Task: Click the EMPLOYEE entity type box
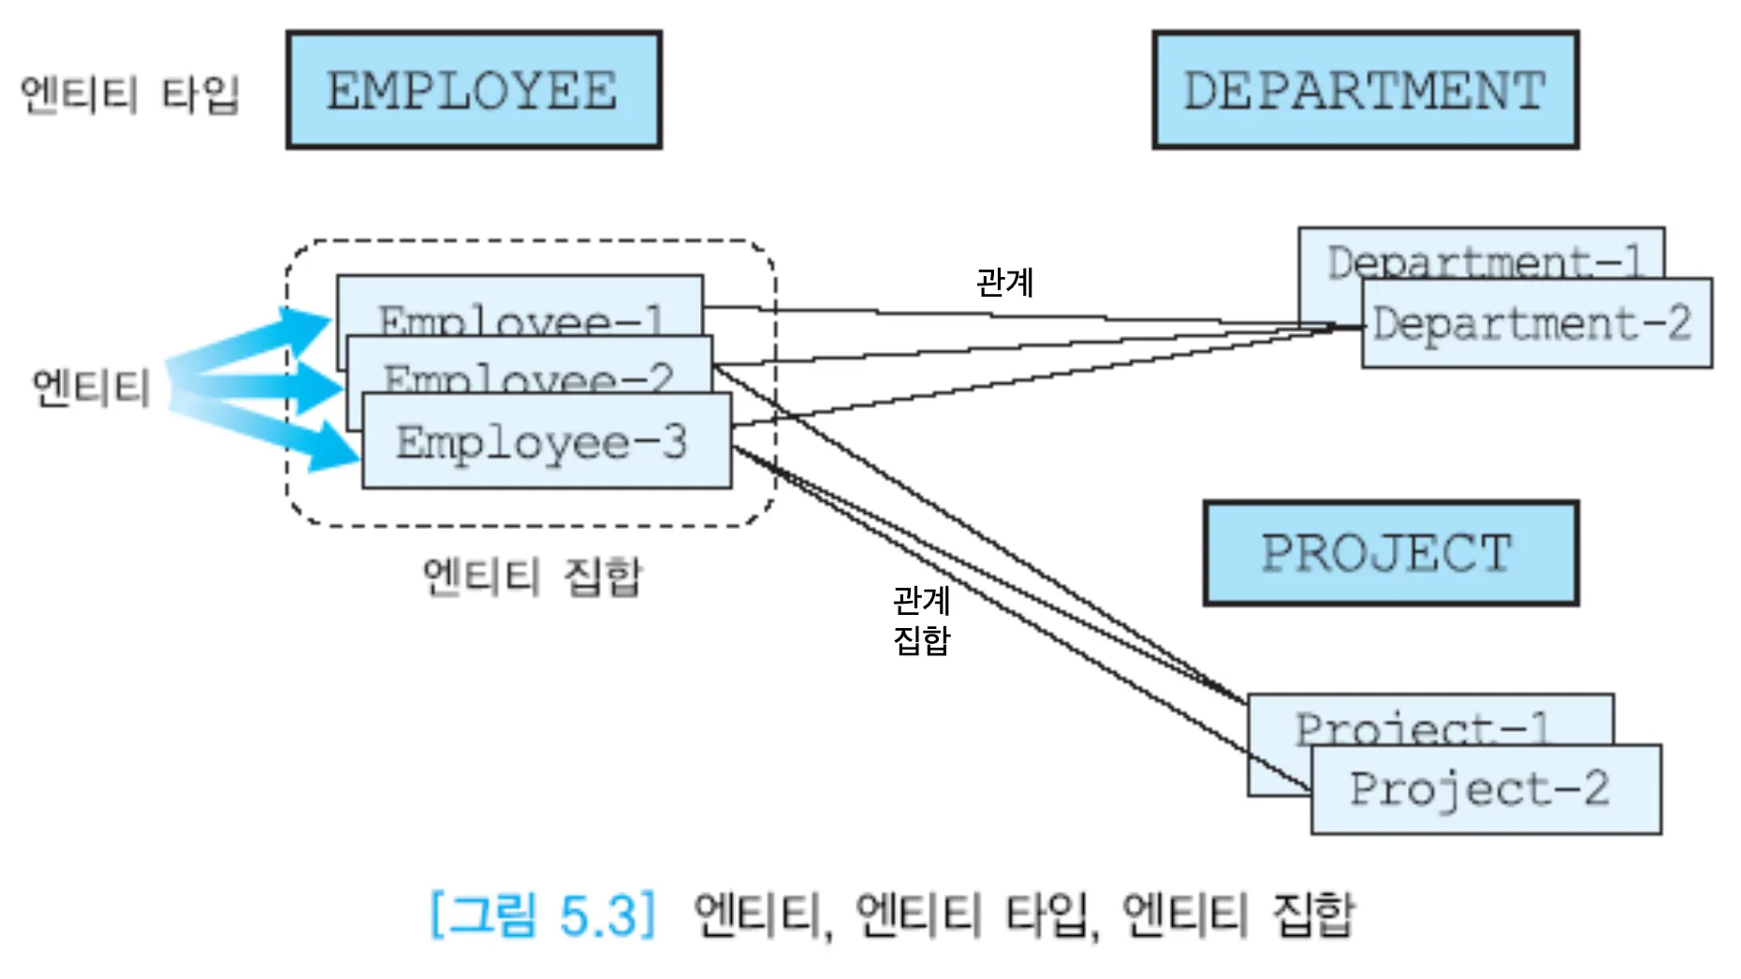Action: [x=474, y=90]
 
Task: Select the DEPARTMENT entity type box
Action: [x=1365, y=90]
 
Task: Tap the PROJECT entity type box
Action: [x=1390, y=553]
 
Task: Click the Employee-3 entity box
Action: [x=546, y=441]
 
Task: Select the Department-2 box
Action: [x=1535, y=323]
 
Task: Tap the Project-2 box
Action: [x=1485, y=789]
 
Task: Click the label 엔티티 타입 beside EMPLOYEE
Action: [x=130, y=95]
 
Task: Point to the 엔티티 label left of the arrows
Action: [x=91, y=387]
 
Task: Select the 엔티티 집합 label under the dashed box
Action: [x=532, y=575]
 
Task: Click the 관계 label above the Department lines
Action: [x=1004, y=282]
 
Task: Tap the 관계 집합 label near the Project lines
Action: [x=921, y=620]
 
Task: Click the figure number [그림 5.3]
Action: [x=543, y=914]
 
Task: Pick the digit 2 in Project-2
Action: [x=1595, y=788]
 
